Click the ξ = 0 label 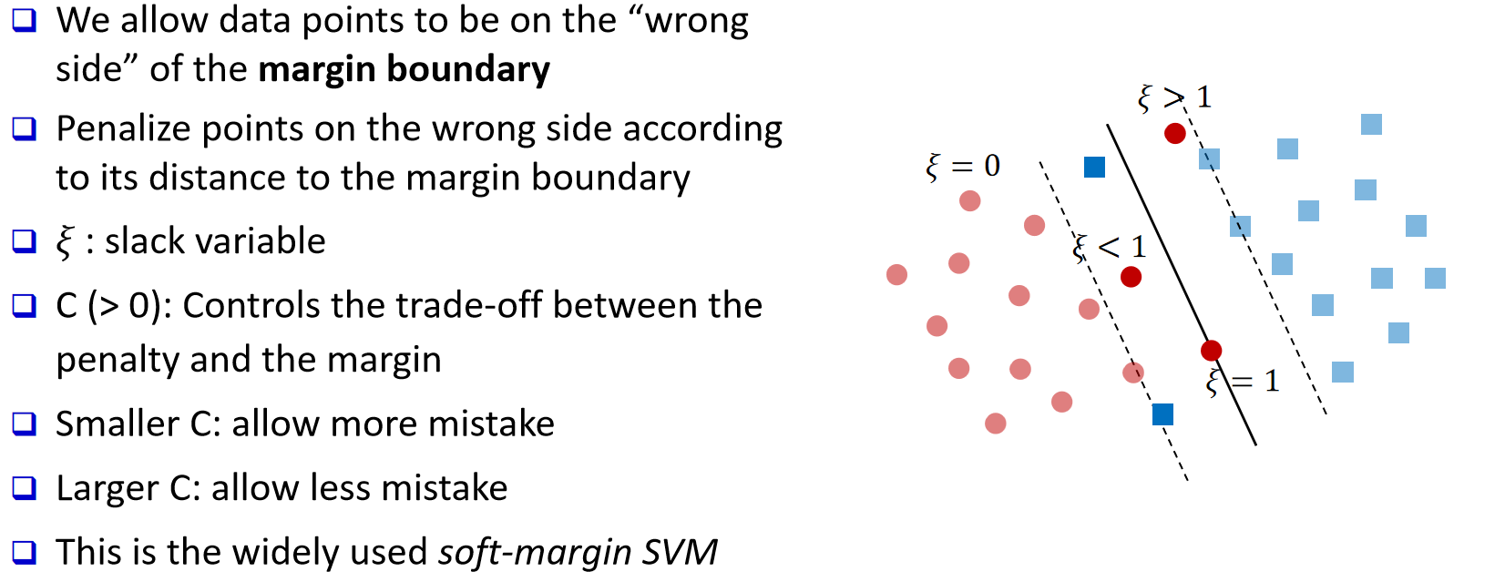click(x=962, y=166)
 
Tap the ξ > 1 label click(x=1174, y=97)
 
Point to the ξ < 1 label click(x=1109, y=247)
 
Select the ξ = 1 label click(x=1243, y=381)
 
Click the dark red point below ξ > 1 click(x=1175, y=134)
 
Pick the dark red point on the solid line click(x=1211, y=351)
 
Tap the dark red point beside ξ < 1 click(x=1131, y=277)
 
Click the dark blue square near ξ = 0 click(x=1094, y=167)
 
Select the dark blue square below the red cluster click(x=1162, y=414)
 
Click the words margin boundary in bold click(x=404, y=69)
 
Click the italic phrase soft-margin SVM click(x=578, y=552)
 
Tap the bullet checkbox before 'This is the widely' click(x=24, y=552)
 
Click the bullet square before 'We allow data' click(x=24, y=20)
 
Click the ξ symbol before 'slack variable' click(x=65, y=242)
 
